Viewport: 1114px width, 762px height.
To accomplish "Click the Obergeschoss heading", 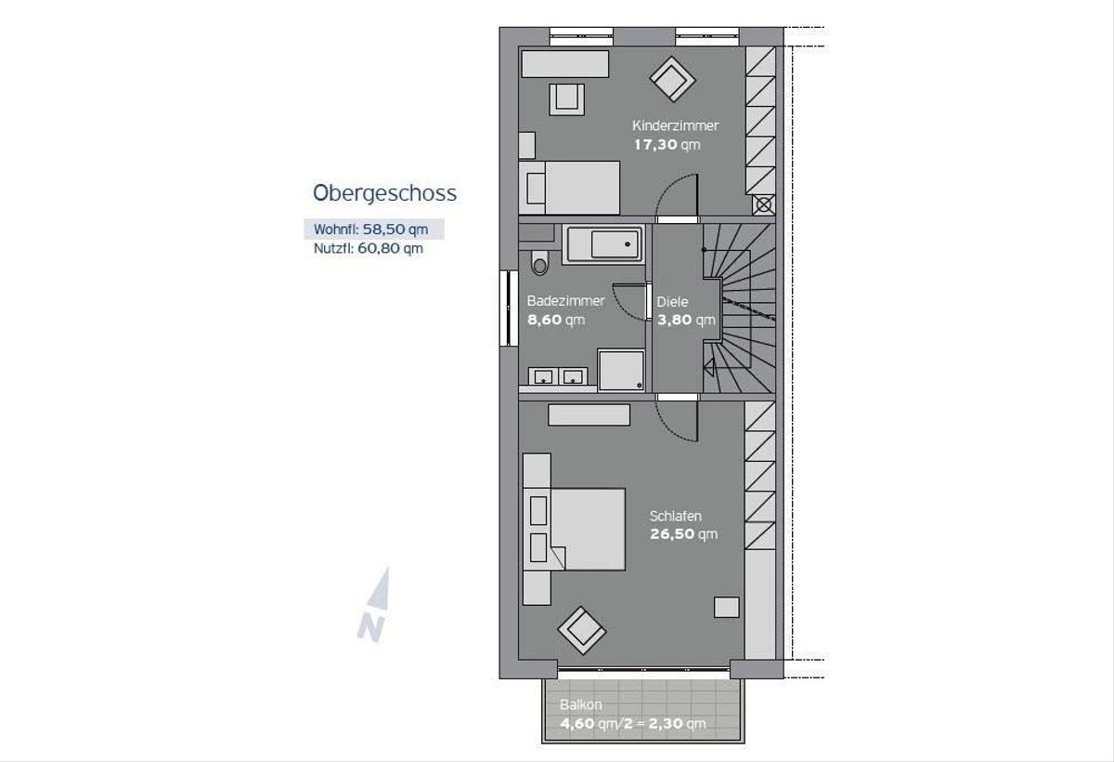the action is pyautogui.click(x=384, y=193).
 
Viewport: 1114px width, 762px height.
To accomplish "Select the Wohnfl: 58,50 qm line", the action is pyautogui.click(x=371, y=230).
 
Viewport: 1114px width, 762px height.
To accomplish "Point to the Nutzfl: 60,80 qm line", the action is pyautogui.click(x=369, y=248).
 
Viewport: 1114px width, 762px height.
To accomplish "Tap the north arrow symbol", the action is pyautogui.click(x=375, y=604).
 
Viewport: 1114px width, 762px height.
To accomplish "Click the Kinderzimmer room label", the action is pyautogui.click(x=675, y=125).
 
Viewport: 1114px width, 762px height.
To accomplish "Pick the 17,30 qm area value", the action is pyautogui.click(x=667, y=145).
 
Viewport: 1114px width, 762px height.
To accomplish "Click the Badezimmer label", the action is pyautogui.click(x=565, y=301).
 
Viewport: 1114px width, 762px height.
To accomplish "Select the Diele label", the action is pyautogui.click(x=672, y=302).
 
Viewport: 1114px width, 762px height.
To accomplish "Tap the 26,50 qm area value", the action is pyautogui.click(x=684, y=534).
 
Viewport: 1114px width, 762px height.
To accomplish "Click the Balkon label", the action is pyautogui.click(x=580, y=704).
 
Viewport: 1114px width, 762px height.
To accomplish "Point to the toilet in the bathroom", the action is pyautogui.click(x=539, y=262).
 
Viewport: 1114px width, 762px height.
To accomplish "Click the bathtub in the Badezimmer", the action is pyautogui.click(x=603, y=243).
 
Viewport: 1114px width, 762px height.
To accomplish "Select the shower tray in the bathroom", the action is pyautogui.click(x=621, y=370).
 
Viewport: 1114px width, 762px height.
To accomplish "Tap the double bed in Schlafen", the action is pyautogui.click(x=575, y=529).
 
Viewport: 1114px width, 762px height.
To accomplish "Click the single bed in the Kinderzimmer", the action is pyautogui.click(x=569, y=188).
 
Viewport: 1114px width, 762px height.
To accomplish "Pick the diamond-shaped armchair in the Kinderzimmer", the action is pyautogui.click(x=672, y=79).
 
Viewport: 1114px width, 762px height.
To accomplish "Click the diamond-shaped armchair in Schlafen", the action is pyautogui.click(x=582, y=631).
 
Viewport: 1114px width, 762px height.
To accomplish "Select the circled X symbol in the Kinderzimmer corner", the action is pyautogui.click(x=764, y=204).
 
